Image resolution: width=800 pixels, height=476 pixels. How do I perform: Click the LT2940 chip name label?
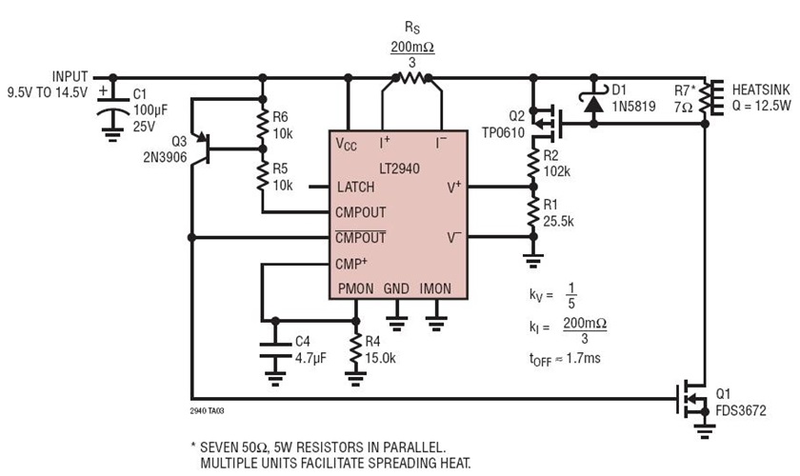point(391,168)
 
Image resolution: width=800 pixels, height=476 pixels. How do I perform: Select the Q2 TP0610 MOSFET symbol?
point(545,120)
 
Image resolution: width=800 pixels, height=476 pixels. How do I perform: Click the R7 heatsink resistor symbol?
point(707,98)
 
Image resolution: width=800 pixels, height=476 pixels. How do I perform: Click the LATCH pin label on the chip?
point(355,188)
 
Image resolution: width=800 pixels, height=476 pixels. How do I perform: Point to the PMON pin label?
point(354,288)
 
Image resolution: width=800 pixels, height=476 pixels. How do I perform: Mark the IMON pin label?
point(436,288)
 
